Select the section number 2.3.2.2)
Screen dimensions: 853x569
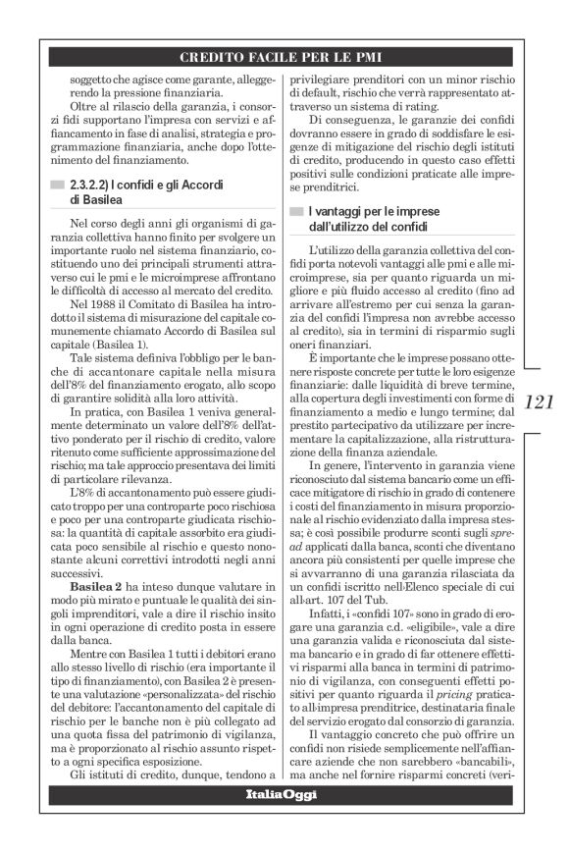coord(95,185)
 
